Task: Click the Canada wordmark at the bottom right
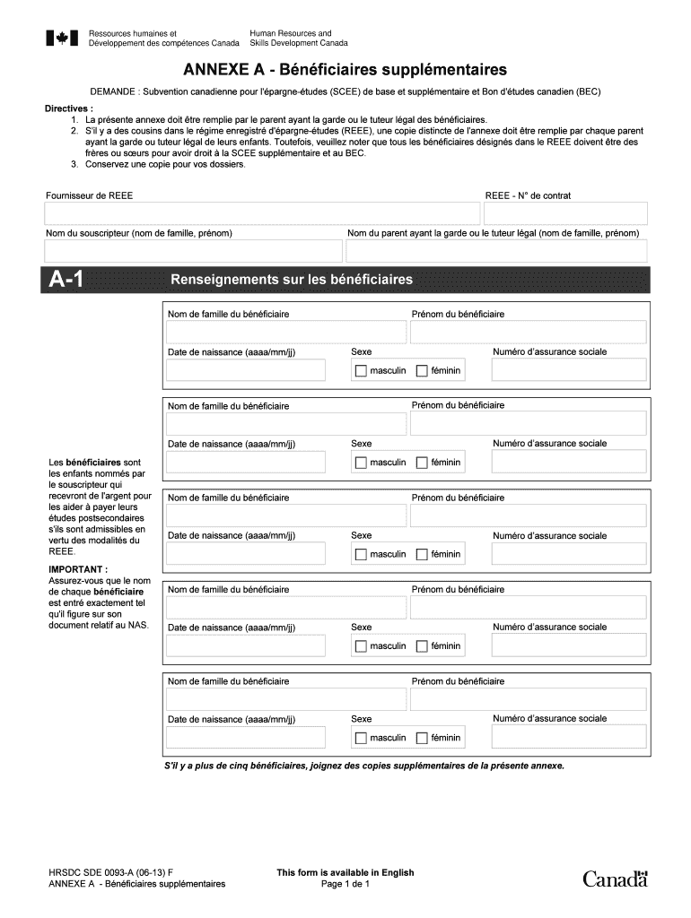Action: tap(615, 879)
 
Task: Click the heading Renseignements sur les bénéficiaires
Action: tap(292, 280)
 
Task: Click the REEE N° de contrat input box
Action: tap(565, 214)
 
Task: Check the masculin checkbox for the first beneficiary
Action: tap(361, 370)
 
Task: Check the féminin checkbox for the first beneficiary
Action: tap(422, 370)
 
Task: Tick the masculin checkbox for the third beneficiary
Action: tap(361, 555)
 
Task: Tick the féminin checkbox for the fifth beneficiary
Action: tap(422, 739)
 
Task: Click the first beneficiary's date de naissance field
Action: tap(247, 370)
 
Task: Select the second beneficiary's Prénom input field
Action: tap(528, 423)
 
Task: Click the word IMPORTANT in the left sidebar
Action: tap(78, 569)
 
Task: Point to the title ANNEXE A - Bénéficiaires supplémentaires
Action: tap(345, 69)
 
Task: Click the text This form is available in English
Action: tap(345, 872)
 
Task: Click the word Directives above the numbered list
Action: tap(68, 108)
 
